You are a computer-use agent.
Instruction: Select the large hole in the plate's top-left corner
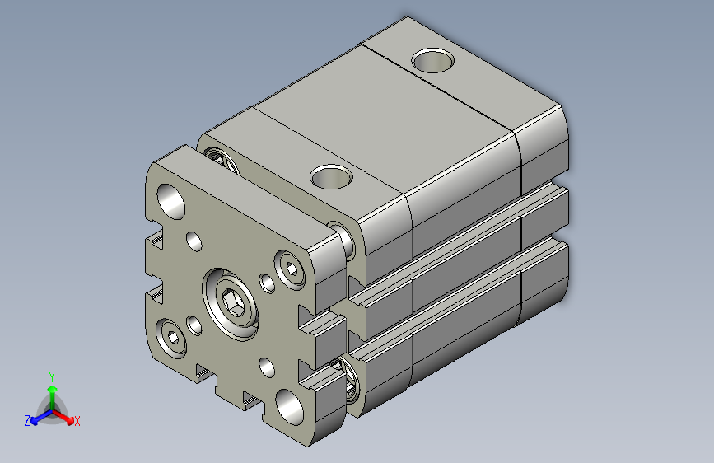point(171,200)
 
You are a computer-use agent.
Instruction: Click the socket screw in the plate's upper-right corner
point(292,269)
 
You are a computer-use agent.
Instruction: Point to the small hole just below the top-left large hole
point(194,241)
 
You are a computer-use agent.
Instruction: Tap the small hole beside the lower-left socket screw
point(194,325)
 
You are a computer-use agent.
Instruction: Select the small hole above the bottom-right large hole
point(266,365)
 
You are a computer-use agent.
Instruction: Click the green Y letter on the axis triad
point(52,375)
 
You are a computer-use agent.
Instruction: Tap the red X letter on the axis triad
point(77,422)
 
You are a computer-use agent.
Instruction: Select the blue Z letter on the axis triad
point(27,421)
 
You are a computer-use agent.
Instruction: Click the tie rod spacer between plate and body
point(342,238)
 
